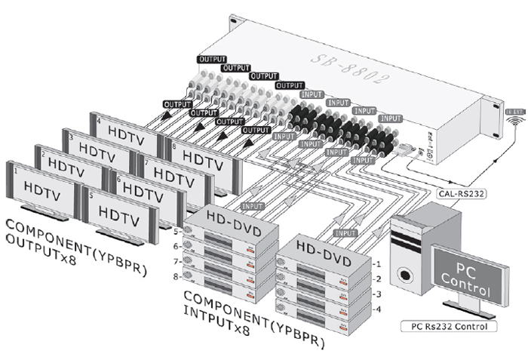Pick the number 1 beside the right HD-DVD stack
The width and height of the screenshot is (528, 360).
pyautogui.click(x=378, y=264)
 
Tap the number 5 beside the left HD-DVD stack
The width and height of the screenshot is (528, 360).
pyautogui.click(x=178, y=230)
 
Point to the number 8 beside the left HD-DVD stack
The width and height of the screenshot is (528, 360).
pyautogui.click(x=178, y=277)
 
